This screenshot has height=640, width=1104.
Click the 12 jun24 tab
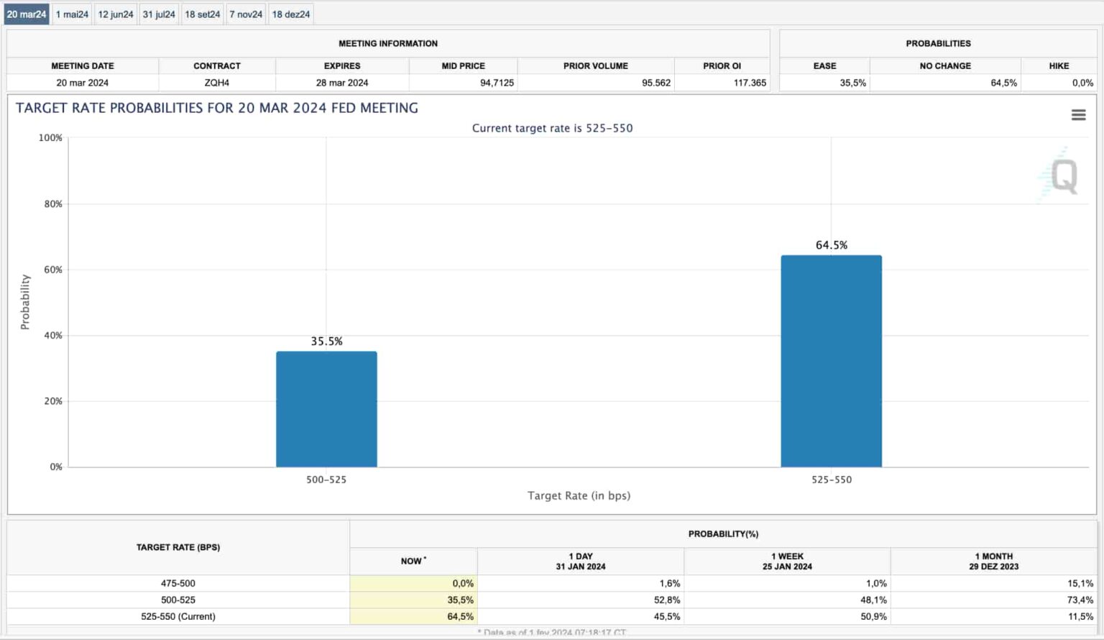(x=116, y=14)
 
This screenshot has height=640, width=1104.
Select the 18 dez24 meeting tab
(x=291, y=14)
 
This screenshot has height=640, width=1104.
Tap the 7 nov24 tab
(x=246, y=14)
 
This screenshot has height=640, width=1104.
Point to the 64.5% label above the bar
(x=832, y=245)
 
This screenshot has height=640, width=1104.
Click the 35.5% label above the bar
(x=326, y=342)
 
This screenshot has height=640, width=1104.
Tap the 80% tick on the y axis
(x=53, y=204)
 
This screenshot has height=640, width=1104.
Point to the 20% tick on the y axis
(x=53, y=401)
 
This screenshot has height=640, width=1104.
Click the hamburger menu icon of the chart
(x=1078, y=115)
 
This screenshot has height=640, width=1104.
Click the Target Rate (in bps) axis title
(x=579, y=495)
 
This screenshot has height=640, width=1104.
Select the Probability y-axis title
(x=25, y=302)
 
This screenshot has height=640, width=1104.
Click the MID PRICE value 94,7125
(x=497, y=83)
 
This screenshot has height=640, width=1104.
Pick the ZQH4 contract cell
(x=216, y=83)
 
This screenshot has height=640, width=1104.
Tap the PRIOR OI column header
(x=722, y=65)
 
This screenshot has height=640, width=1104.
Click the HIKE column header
(x=1059, y=65)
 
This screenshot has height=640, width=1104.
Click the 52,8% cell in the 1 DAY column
(x=667, y=600)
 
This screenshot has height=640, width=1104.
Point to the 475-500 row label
(x=178, y=583)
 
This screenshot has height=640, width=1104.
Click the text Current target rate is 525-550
(x=552, y=128)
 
